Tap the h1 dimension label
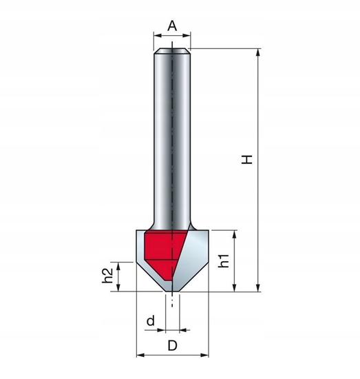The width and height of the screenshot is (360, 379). (223, 263)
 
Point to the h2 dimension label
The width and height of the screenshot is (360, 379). (108, 276)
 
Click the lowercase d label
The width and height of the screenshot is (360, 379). (150, 320)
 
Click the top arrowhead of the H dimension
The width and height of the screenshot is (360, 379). (258, 52)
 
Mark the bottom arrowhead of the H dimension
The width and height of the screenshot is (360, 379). (258, 288)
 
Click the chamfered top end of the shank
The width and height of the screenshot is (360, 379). (172, 50)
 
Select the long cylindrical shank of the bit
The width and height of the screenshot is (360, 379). (172, 138)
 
